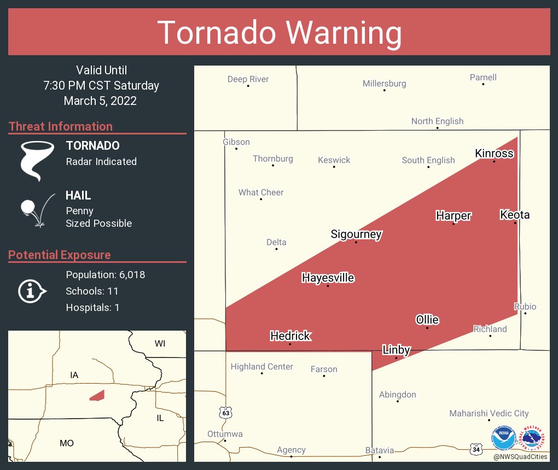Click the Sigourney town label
(356, 234)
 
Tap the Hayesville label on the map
(328, 278)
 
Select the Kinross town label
(494, 154)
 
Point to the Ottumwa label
(225, 434)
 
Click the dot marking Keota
(515, 223)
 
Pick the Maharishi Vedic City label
(489, 414)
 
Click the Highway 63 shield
(225, 413)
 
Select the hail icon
(37, 210)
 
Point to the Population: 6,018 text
(105, 275)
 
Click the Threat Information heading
(61, 127)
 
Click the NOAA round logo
(503, 438)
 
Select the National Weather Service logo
(534, 438)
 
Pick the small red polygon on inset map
(97, 395)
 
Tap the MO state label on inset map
(66, 443)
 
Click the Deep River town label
(248, 79)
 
